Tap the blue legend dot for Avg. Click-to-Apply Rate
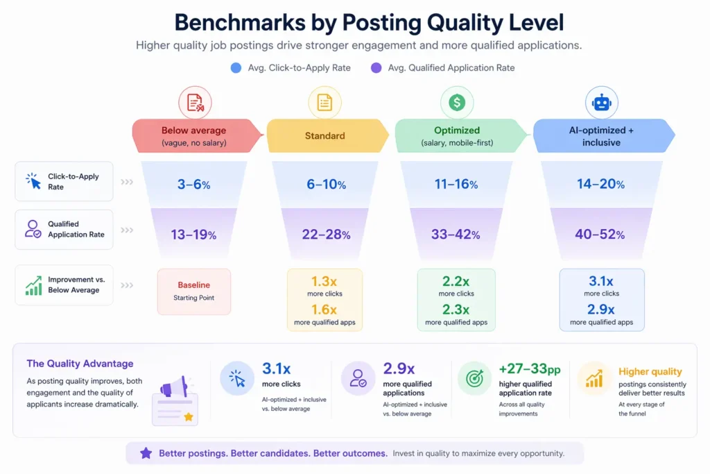tap(236, 68)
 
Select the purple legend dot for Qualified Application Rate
tap(376, 68)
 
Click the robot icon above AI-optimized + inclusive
tap(601, 103)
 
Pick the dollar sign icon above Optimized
tap(457, 103)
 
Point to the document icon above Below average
tap(195, 103)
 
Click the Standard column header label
tap(324, 136)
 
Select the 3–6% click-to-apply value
tap(193, 185)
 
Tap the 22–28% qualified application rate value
tap(326, 235)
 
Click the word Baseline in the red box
tap(193, 285)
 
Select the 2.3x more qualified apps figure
tap(456, 310)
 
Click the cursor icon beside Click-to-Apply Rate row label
tap(33, 181)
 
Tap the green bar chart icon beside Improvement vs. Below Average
tap(33, 285)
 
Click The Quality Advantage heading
tap(80, 364)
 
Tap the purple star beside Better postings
tap(146, 453)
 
